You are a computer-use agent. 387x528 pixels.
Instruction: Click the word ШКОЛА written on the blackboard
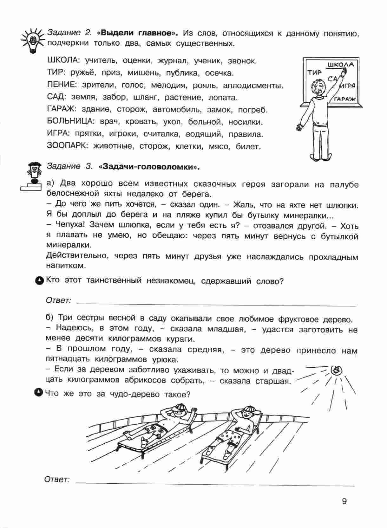[x=340, y=65]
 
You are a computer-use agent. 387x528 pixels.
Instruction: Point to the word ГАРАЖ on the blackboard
[x=345, y=99]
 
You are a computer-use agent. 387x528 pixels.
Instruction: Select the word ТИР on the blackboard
[x=314, y=73]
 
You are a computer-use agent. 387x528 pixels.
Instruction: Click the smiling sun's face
[x=335, y=370]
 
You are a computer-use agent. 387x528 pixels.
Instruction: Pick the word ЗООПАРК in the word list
[x=66, y=146]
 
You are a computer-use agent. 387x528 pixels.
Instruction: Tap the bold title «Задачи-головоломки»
[x=149, y=166]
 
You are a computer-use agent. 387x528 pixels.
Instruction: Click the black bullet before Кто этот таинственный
[x=39, y=280]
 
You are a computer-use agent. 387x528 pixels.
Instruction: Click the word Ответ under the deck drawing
[x=57, y=480]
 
